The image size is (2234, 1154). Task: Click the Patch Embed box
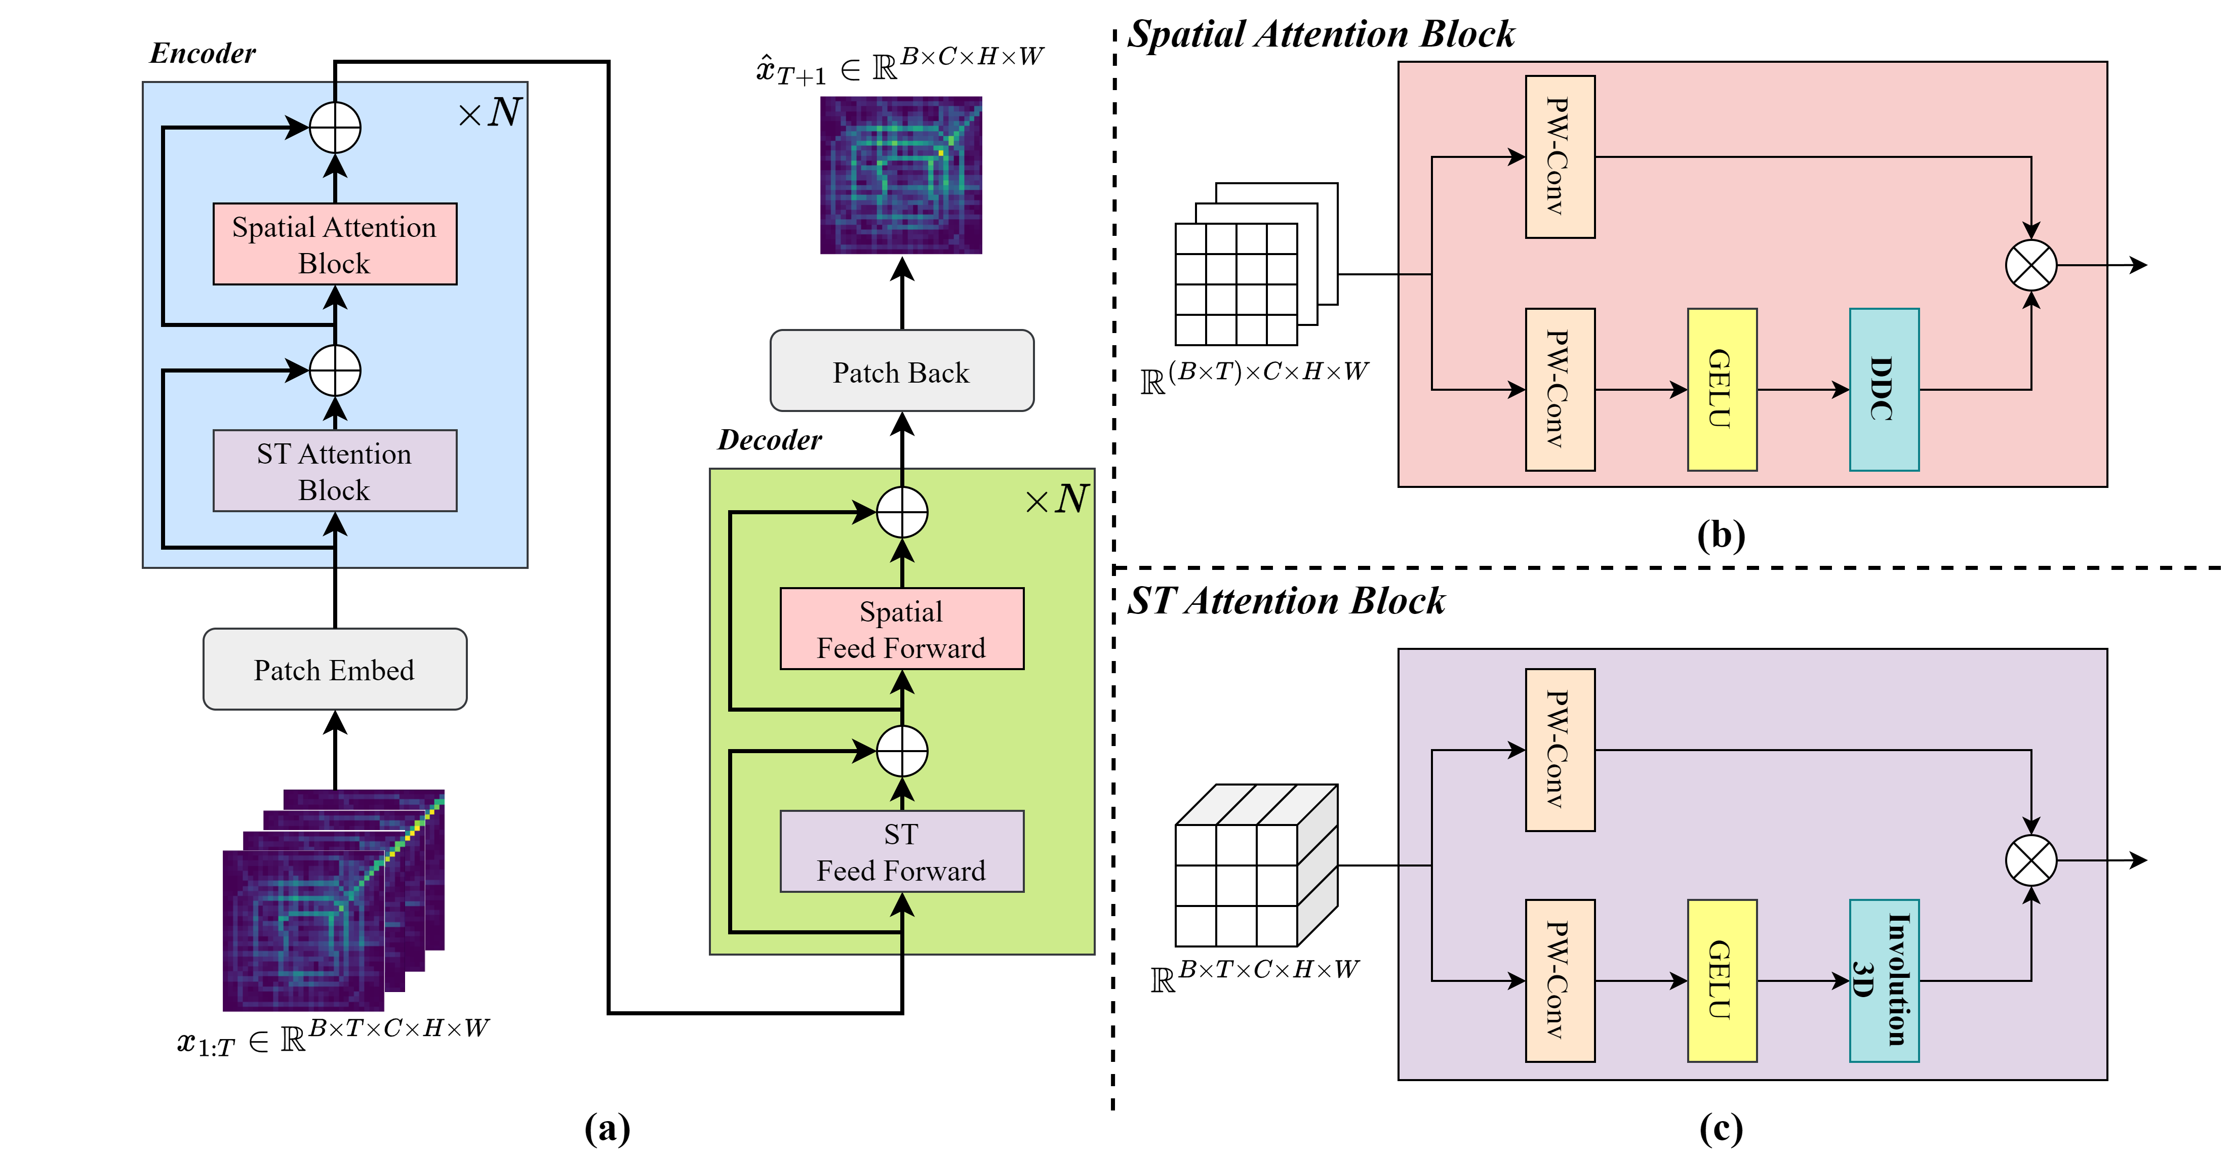tap(335, 669)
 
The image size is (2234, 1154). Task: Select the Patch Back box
tap(902, 370)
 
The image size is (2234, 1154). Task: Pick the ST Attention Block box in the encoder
tap(335, 471)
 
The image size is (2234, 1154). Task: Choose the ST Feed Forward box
tap(902, 851)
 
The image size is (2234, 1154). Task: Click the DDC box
tap(1884, 389)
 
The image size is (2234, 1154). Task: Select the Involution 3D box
tap(1884, 980)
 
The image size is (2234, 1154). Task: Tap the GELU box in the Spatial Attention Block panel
tap(1722, 389)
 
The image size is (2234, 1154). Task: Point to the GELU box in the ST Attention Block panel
tap(1722, 980)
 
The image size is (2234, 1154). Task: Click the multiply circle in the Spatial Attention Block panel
tap(2031, 265)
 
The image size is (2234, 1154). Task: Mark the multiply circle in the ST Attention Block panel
tap(2031, 860)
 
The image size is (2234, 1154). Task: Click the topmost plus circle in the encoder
tap(335, 128)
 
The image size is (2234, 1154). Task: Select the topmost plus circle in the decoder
tap(902, 512)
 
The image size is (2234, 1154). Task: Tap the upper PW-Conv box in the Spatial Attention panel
tap(1560, 157)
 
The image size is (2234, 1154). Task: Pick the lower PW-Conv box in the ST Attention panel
tap(1560, 980)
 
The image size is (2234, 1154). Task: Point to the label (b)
tap(1721, 535)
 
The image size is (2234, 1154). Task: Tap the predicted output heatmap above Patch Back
tap(901, 175)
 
